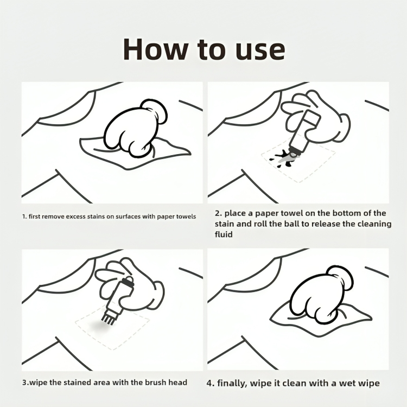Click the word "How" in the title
(155, 49)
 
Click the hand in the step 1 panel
(135, 128)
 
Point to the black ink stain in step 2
(281, 157)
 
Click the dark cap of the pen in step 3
(128, 282)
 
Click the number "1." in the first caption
(24, 217)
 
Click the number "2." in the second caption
(219, 213)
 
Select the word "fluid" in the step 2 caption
(224, 234)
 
